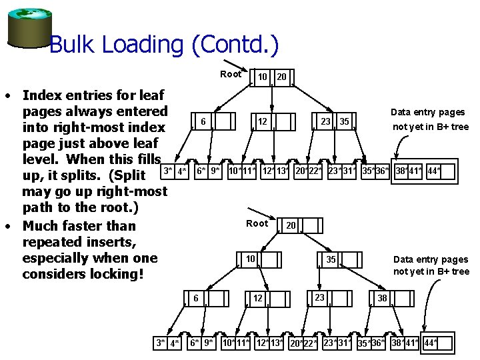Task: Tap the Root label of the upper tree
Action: click(231, 74)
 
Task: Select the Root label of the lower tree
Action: click(257, 223)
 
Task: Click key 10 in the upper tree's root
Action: click(263, 77)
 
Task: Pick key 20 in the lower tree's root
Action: click(291, 226)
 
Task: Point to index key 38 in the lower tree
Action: click(382, 298)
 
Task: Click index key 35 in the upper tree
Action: click(344, 121)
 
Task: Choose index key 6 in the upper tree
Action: click(202, 121)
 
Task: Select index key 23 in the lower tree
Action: click(319, 297)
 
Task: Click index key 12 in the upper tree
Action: click(263, 121)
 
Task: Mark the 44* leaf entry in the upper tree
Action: click(434, 171)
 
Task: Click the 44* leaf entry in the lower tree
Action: click(430, 343)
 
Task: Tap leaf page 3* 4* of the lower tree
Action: click(167, 343)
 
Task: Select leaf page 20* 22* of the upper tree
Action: click(308, 171)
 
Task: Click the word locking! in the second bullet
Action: click(117, 274)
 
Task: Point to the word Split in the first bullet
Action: click(130, 175)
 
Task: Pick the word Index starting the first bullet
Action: click(42, 95)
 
